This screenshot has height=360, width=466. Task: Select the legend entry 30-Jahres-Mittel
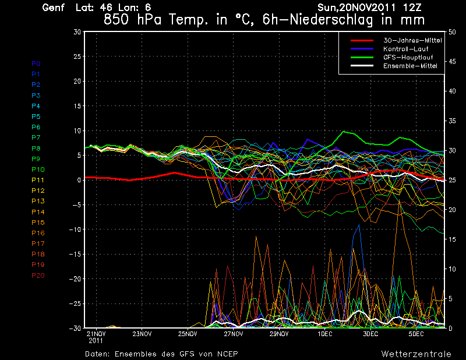[x=408, y=40]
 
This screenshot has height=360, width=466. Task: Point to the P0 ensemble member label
[x=36, y=63]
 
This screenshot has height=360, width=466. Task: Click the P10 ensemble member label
[x=38, y=170]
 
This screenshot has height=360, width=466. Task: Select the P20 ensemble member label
[x=38, y=276]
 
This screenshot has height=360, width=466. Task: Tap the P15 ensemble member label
[x=38, y=223]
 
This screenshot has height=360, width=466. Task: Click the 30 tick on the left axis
[x=77, y=32]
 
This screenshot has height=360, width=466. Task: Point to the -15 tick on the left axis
[x=74, y=255]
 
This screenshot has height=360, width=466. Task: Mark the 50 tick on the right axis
[x=451, y=32]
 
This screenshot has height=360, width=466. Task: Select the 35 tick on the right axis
[x=451, y=121]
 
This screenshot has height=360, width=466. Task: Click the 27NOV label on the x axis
[x=233, y=334]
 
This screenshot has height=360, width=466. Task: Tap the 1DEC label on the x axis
[x=324, y=334]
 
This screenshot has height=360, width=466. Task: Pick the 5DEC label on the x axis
[x=416, y=334]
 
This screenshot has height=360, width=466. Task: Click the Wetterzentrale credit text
[x=416, y=354]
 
